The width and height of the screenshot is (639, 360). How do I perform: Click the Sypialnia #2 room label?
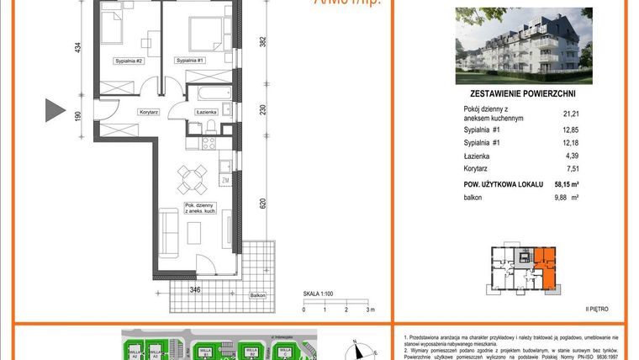point(129,61)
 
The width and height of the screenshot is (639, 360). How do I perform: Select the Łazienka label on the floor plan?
point(207,112)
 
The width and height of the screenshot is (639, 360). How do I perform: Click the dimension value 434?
point(79,49)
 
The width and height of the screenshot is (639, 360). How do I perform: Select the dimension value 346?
point(194,289)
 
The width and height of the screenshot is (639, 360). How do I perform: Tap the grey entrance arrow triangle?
point(55,109)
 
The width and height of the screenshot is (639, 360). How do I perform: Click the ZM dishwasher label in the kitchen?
point(225,179)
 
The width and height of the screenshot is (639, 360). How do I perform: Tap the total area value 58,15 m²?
point(567,183)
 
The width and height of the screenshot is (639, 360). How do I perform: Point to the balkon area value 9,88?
point(564,198)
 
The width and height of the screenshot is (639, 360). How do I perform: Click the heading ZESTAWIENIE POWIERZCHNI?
point(522,95)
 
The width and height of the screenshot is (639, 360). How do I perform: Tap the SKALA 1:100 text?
point(320,294)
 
